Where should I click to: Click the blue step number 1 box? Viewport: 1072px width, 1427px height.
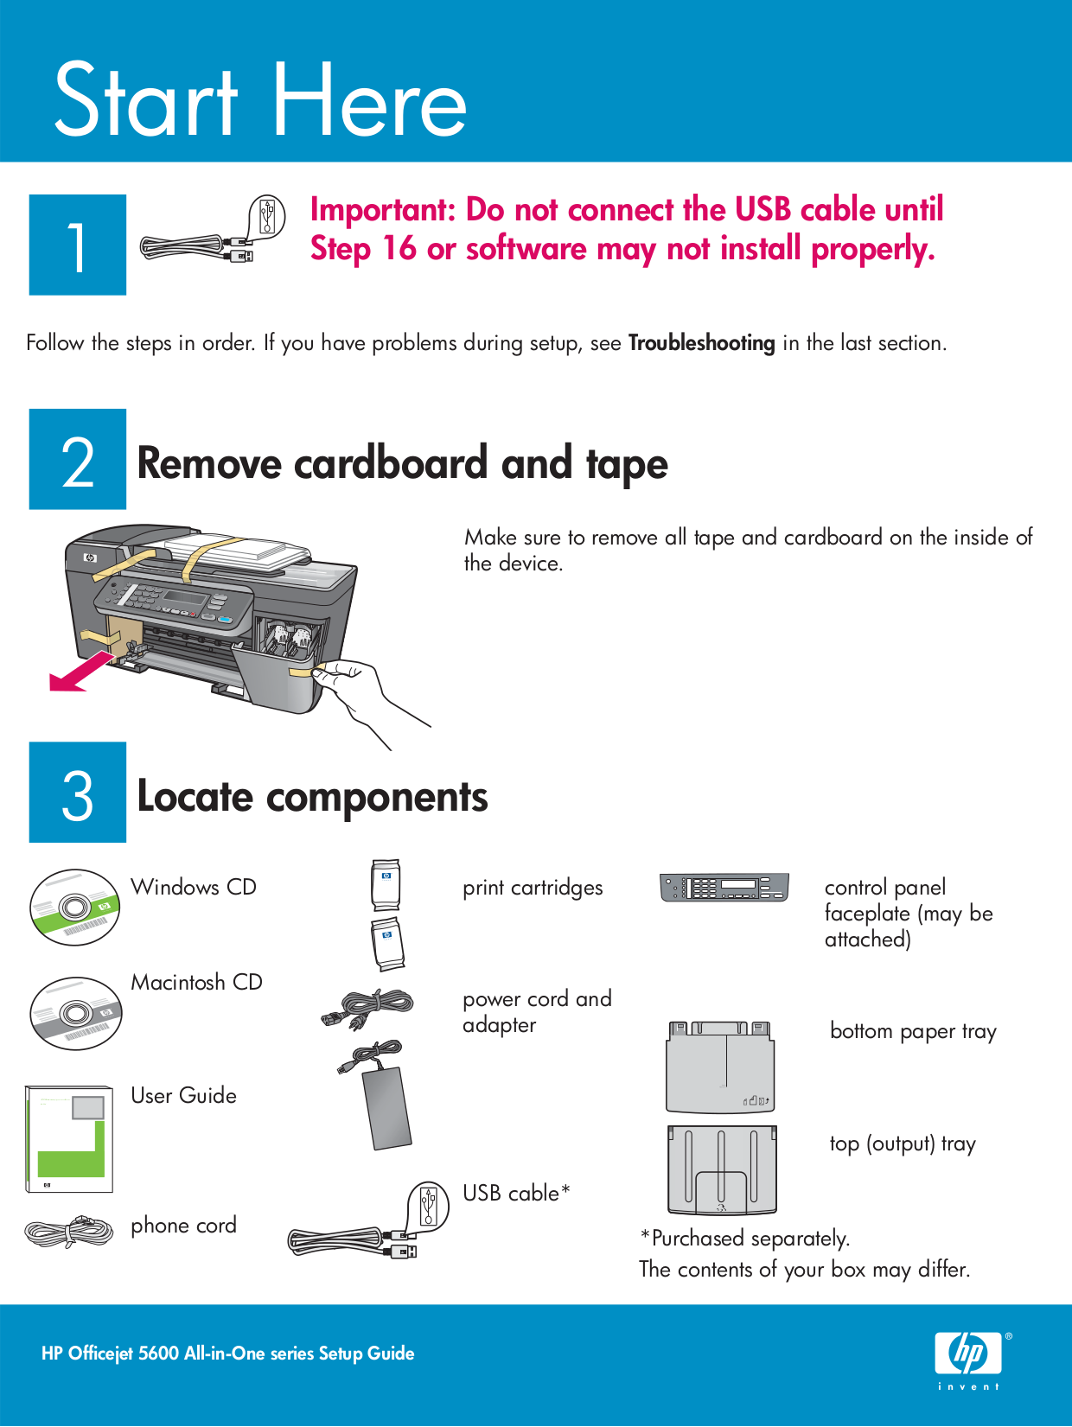pyautogui.click(x=78, y=245)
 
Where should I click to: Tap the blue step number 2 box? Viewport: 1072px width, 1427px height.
pyautogui.click(x=78, y=459)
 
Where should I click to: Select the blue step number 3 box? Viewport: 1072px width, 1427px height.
pyautogui.click(x=78, y=792)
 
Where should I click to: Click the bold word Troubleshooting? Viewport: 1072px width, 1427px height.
pyautogui.click(x=701, y=343)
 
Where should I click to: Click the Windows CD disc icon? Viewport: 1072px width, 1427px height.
pyautogui.click(x=74, y=908)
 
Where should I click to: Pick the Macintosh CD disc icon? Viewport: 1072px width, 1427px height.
pyautogui.click(x=75, y=1013)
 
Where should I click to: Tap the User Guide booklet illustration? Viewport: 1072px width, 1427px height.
pyautogui.click(x=69, y=1139)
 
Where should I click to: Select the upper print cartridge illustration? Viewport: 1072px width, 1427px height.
pyautogui.click(x=386, y=884)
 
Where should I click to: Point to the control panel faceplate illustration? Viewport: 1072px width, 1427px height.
pyautogui.click(x=724, y=888)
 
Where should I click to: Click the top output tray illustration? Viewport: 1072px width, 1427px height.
pyautogui.click(x=722, y=1169)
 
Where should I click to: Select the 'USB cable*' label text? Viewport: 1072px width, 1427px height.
pyautogui.click(x=516, y=1194)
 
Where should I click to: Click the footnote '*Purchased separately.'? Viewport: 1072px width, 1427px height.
pyautogui.click(x=744, y=1239)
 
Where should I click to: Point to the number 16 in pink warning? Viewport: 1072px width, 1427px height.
pyautogui.click(x=399, y=249)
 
